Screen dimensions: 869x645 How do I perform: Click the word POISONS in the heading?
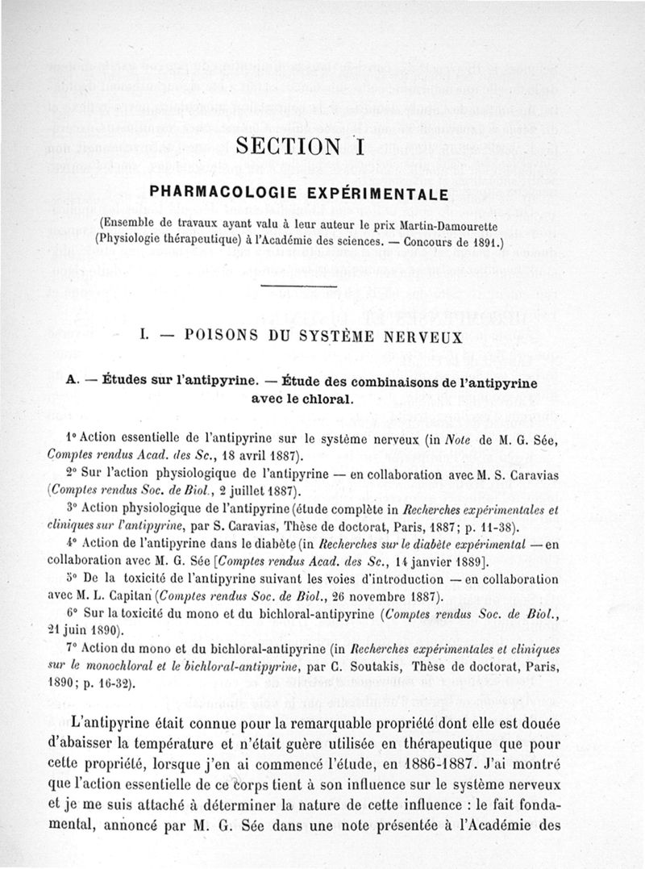pos(223,337)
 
